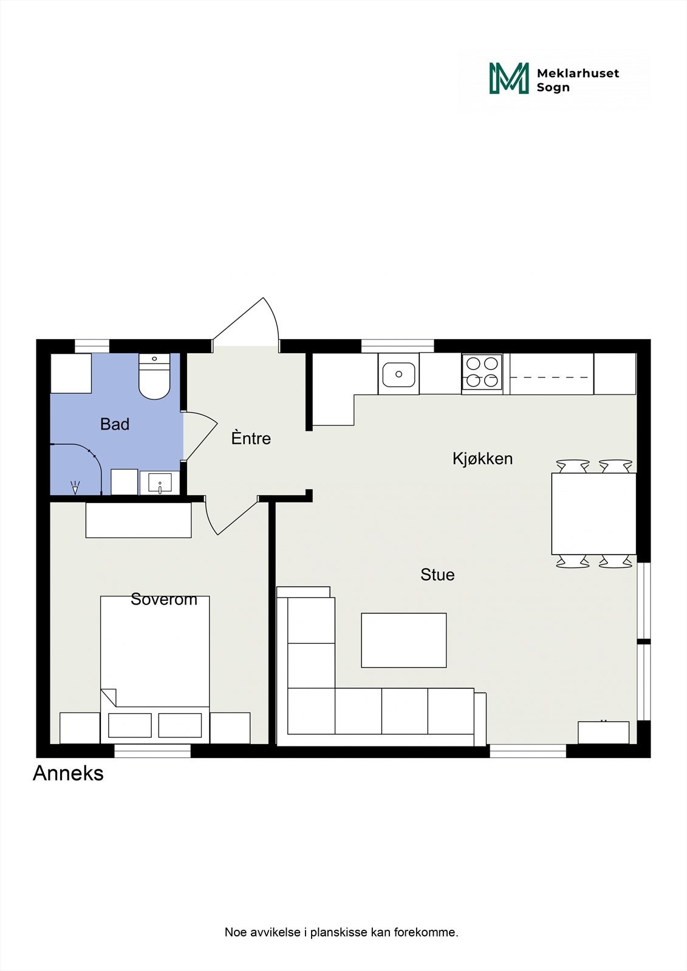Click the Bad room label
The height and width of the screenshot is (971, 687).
[x=115, y=424]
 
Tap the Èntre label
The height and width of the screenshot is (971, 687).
[x=251, y=438]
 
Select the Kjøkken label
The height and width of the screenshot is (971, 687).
[x=482, y=459]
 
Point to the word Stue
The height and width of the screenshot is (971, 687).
[x=437, y=575]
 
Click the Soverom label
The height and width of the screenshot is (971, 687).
[x=164, y=600]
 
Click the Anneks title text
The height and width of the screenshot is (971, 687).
[x=68, y=773]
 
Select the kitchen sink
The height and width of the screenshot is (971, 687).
[x=398, y=374]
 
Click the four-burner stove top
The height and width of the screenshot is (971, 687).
[x=482, y=372]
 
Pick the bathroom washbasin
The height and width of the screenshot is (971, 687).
[x=160, y=484]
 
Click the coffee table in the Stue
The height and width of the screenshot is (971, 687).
[x=404, y=640]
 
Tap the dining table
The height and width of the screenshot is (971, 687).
[x=593, y=513]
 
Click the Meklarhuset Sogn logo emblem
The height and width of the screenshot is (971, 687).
[x=509, y=78]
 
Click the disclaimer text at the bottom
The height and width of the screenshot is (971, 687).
[x=341, y=932]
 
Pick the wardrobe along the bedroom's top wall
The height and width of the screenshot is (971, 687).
[x=138, y=520]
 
